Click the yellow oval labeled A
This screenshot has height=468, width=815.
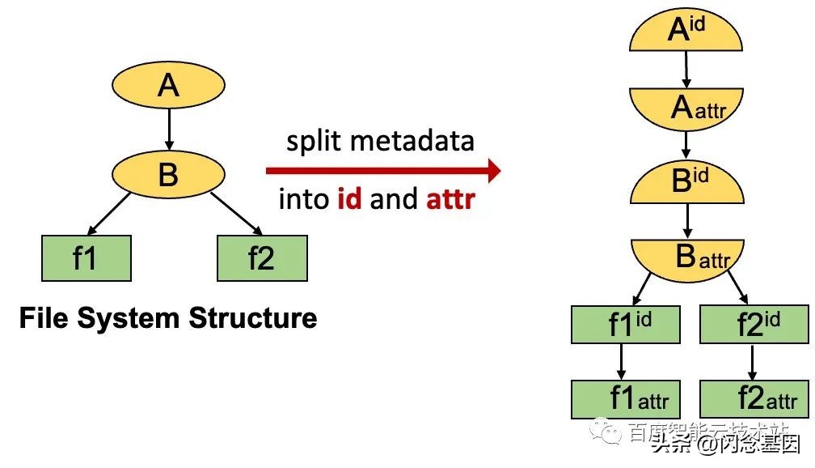(x=167, y=85)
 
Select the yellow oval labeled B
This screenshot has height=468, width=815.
(x=167, y=173)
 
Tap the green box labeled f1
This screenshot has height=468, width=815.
(x=86, y=258)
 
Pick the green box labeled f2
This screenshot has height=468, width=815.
(x=262, y=258)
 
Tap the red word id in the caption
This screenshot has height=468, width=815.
(x=350, y=199)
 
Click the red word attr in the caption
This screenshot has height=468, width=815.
(x=450, y=199)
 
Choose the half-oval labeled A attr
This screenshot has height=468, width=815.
(x=686, y=109)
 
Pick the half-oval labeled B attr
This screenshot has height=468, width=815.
(x=686, y=257)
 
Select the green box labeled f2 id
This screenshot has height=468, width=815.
(x=752, y=324)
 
